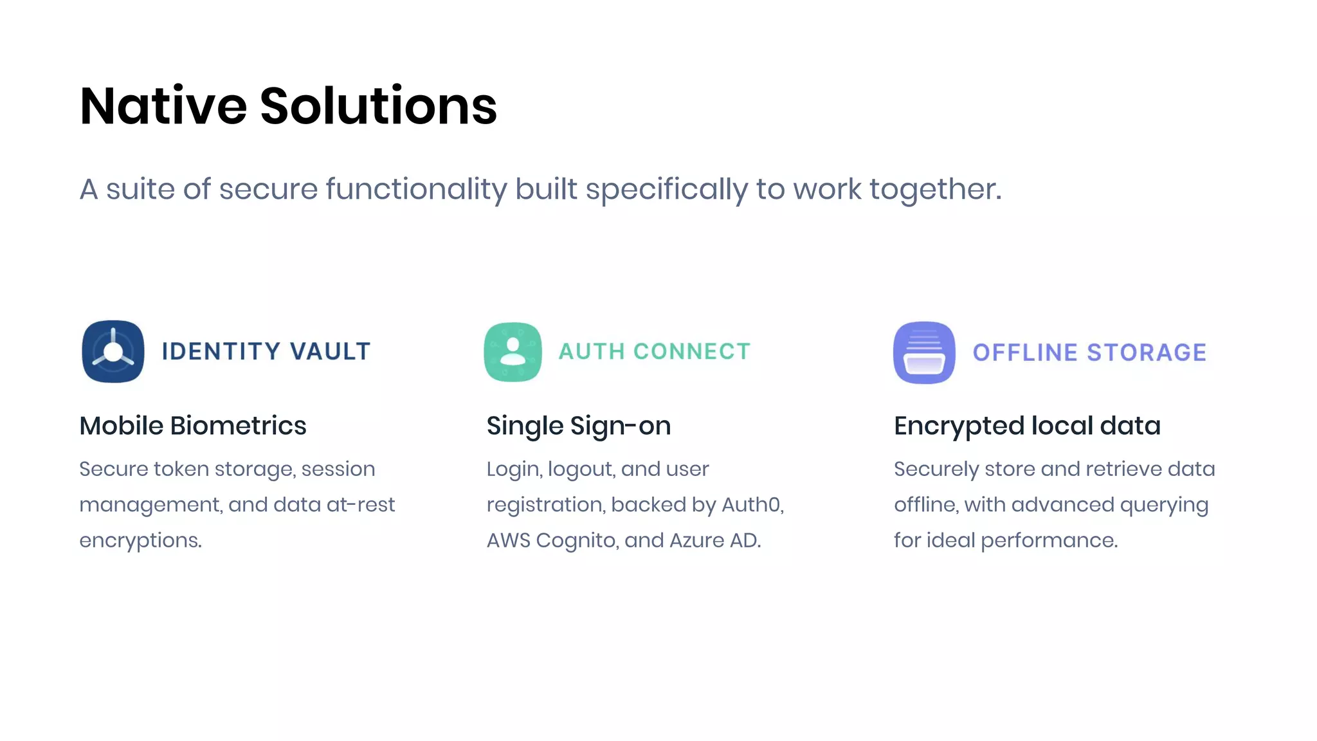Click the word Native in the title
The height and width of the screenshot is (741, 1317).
click(163, 106)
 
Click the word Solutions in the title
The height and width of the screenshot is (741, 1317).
click(378, 106)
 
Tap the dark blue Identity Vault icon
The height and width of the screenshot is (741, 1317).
click(113, 352)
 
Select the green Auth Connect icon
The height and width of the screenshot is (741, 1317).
click(513, 352)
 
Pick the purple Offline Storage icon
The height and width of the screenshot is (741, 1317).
click(924, 352)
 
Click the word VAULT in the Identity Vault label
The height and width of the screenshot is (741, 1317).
click(330, 352)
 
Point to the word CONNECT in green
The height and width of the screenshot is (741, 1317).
click(692, 352)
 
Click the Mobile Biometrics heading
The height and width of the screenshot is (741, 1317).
click(193, 426)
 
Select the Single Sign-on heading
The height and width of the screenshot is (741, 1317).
click(579, 426)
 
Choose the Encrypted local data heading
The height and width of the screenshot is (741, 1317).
click(1027, 426)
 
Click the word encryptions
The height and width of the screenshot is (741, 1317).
click(140, 540)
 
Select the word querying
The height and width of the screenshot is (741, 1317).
click(1164, 506)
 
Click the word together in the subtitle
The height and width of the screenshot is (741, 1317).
click(935, 190)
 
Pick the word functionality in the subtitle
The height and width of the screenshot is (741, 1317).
click(416, 190)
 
